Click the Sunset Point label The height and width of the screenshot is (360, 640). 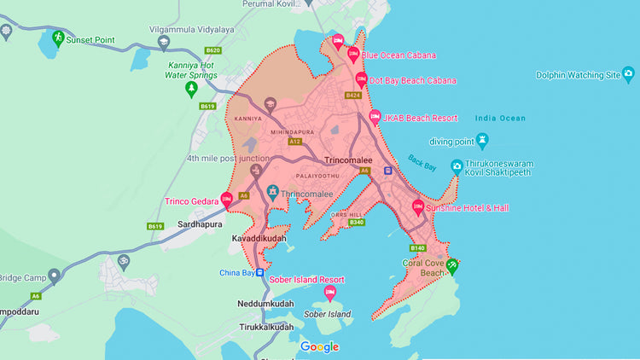92,39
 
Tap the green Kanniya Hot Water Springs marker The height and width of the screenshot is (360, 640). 191,88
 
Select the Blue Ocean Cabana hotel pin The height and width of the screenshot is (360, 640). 352,55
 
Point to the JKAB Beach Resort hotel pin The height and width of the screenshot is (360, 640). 374,118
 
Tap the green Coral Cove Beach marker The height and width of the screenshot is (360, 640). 452,265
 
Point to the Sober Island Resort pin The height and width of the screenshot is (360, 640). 329,293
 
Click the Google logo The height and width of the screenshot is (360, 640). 319,347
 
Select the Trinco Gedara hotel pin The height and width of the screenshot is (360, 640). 226,200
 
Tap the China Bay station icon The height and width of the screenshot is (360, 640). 261,273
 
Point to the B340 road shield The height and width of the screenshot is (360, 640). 357,223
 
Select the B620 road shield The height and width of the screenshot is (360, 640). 213,50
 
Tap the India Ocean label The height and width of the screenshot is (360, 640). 500,118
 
